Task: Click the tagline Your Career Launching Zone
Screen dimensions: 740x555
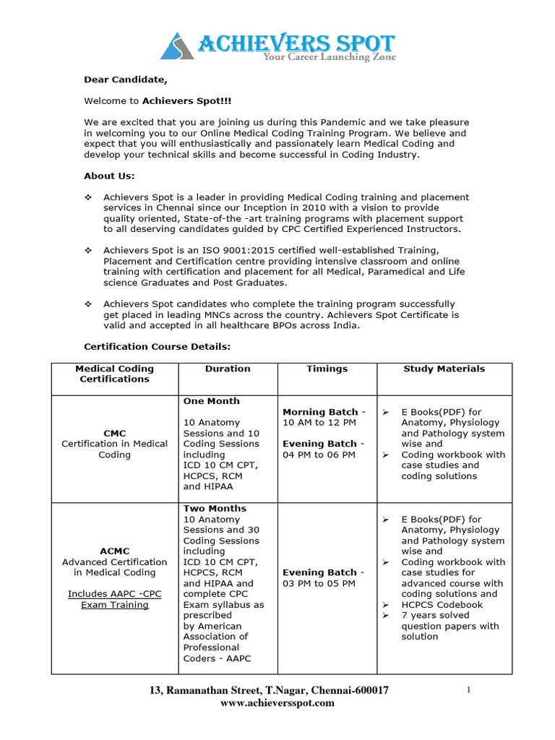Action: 329,57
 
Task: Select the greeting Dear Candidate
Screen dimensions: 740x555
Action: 121,79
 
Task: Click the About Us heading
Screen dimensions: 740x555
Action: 109,176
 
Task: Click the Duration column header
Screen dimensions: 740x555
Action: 228,369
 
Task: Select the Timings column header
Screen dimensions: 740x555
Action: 327,369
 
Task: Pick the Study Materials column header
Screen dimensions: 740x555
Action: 444,369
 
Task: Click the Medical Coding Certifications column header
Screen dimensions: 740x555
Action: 115,374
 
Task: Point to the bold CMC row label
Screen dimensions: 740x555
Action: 115,433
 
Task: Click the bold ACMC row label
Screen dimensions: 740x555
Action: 115,551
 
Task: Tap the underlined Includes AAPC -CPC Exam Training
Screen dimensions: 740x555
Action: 115,599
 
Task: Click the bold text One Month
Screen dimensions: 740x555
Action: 211,401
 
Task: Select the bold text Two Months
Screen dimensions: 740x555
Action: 215,508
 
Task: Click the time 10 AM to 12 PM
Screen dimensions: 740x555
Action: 319,422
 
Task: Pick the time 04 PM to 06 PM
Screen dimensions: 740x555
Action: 319,455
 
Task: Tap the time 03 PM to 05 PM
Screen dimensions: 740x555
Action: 319,583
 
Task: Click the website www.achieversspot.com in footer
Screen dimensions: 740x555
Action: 277,702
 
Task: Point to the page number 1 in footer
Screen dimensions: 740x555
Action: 470,690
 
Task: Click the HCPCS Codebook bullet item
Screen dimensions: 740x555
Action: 442,604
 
